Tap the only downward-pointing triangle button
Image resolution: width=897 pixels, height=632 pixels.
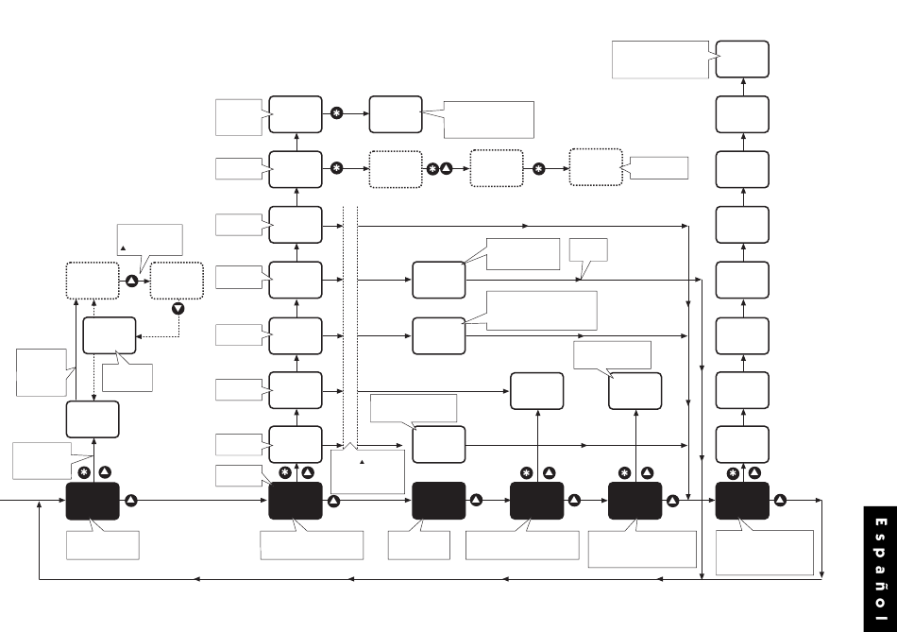178,308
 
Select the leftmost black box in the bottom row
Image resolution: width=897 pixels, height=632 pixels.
93,501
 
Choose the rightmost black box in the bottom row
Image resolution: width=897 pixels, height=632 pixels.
742,501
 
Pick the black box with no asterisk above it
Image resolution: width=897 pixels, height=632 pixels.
439,501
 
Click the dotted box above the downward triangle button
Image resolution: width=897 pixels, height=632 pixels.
178,281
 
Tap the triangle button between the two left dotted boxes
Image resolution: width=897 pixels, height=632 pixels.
131,282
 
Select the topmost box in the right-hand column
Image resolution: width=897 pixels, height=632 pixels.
742,60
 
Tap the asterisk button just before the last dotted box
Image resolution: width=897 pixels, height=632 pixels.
538,169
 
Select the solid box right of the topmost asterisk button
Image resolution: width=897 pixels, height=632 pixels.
395,114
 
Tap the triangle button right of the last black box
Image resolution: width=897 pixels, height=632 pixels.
781,501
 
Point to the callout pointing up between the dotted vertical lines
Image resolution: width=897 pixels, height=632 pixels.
367,470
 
